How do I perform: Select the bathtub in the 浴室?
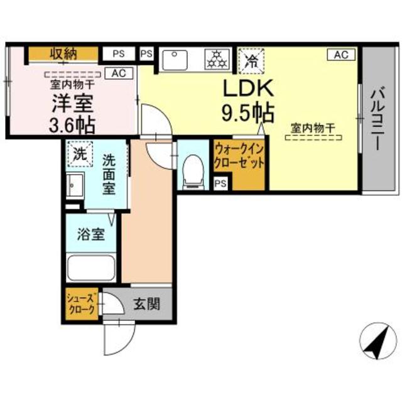91,268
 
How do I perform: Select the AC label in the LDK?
340,55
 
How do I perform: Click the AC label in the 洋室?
119,73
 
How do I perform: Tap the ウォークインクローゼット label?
239,156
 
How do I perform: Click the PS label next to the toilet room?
220,183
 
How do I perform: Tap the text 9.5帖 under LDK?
246,112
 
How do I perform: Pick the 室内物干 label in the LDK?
312,128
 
